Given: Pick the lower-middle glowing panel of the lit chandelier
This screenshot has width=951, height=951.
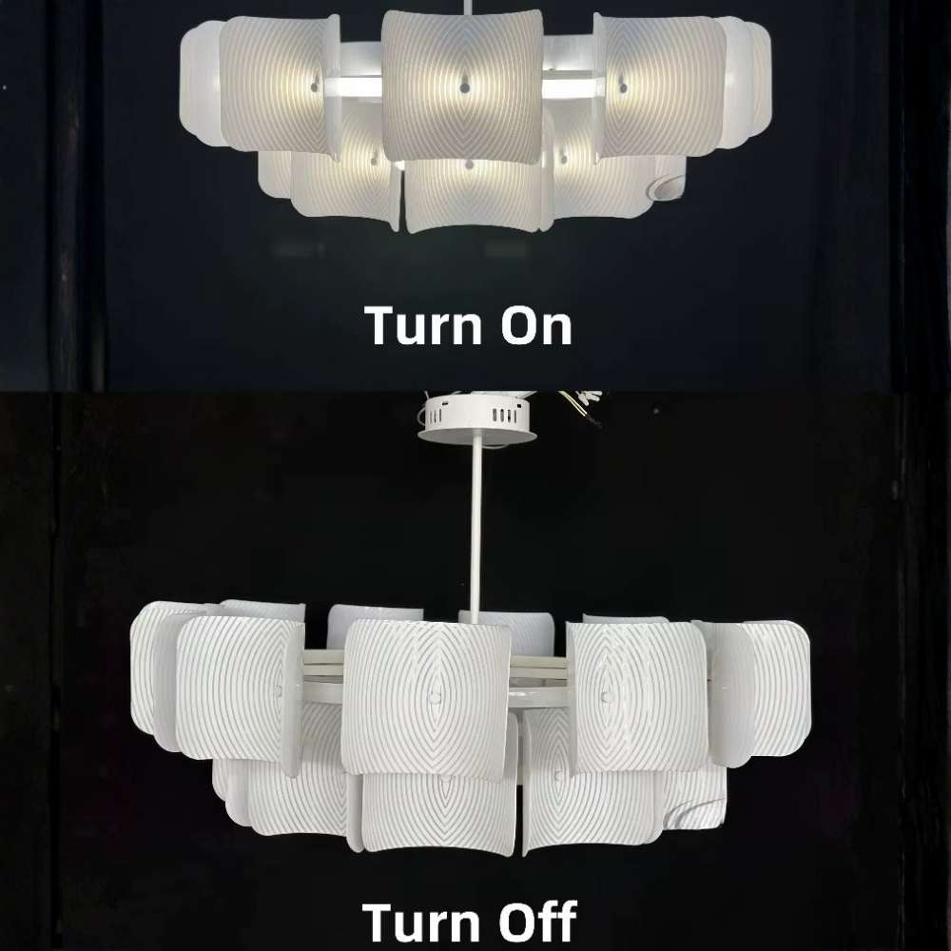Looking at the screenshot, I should tap(473, 195).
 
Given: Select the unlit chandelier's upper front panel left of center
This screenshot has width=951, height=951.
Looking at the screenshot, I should tap(241, 687).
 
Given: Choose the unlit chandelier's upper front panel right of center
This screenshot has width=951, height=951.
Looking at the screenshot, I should tap(634, 694).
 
